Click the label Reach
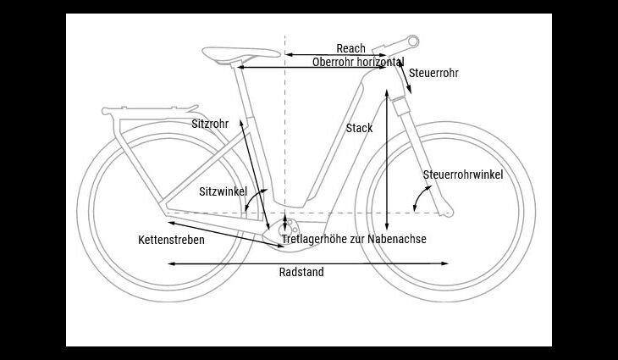point(350,48)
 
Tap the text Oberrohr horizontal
point(358,62)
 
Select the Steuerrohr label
point(433,73)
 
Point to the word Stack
point(359,128)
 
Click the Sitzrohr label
point(210,124)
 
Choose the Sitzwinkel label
point(223,191)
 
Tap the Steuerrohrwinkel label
point(463,174)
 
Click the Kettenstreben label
point(172,240)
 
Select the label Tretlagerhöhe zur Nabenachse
point(354,239)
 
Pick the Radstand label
point(301,272)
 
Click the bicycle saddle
point(240,53)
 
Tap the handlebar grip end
point(413,41)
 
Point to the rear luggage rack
point(150,113)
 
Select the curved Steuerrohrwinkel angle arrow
point(420,197)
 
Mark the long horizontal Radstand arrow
point(308,263)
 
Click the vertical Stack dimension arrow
point(387,160)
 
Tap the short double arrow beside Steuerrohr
point(405,77)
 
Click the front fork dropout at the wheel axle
point(446,213)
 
